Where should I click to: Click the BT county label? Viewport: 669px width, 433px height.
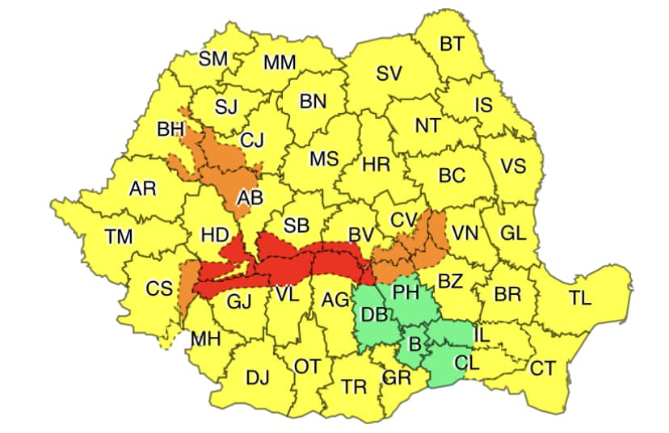(x=452, y=44)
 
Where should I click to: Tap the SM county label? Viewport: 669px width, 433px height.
(x=213, y=58)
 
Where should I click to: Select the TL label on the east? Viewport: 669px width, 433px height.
(x=579, y=297)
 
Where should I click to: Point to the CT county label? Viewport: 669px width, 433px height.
(x=543, y=368)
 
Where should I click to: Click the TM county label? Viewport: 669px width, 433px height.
(x=119, y=237)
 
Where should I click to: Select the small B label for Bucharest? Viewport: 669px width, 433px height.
(x=414, y=344)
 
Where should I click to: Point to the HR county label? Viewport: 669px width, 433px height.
(x=376, y=165)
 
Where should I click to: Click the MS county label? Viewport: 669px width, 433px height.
(x=324, y=158)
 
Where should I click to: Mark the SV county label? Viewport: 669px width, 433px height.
(x=389, y=74)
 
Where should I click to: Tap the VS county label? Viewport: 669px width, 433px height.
(x=512, y=167)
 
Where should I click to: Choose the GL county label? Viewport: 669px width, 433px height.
(x=513, y=233)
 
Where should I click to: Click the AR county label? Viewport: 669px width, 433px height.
(x=143, y=189)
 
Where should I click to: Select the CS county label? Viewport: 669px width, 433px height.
(x=158, y=288)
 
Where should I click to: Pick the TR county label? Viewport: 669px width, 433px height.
(x=354, y=387)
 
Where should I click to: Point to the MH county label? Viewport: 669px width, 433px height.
(x=205, y=339)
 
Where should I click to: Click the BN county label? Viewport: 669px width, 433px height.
(x=313, y=102)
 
